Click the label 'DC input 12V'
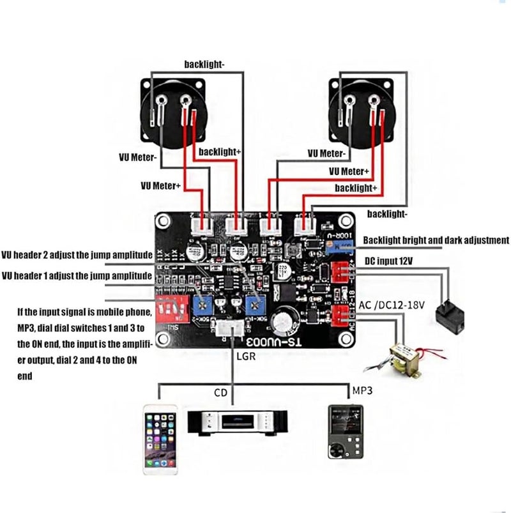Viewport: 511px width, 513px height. click(394, 261)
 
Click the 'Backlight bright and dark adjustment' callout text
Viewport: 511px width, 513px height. click(436, 241)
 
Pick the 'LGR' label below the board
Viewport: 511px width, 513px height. click(245, 357)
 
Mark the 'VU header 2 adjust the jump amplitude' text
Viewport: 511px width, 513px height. click(77, 254)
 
